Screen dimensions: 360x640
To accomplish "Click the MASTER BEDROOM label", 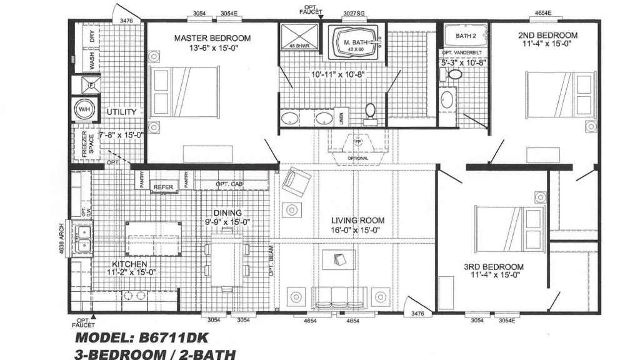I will pos(212,37).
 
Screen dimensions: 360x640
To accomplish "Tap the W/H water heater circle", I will pos(82,109).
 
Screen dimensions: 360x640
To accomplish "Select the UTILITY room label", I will pos(121,112).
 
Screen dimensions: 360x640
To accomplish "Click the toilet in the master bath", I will pos(369,111).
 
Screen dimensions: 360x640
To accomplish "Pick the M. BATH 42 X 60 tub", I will pos(354,44).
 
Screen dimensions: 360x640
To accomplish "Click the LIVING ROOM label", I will pos(358,221).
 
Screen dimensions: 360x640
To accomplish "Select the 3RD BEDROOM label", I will pos(493,267).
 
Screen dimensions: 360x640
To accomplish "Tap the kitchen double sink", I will pos(82,239).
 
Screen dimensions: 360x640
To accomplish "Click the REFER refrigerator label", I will pos(164,186).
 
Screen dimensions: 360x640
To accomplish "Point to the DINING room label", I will pos(227,212).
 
